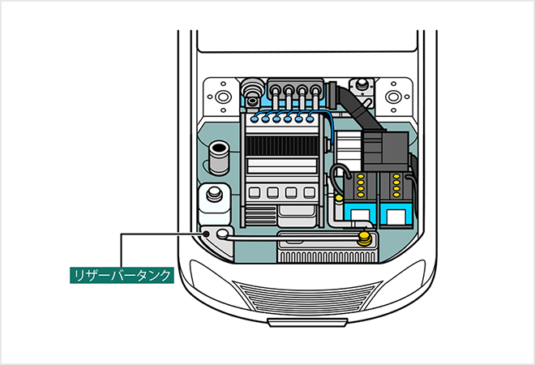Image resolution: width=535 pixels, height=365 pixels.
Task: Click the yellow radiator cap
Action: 366,238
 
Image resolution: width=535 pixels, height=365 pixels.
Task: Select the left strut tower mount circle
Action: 219,96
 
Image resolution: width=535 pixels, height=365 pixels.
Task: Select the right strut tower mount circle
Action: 394,96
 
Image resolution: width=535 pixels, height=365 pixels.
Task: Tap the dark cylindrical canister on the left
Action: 218,157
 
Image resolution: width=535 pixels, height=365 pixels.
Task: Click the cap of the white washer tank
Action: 215,195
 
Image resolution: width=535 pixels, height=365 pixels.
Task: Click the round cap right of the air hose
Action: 358,84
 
